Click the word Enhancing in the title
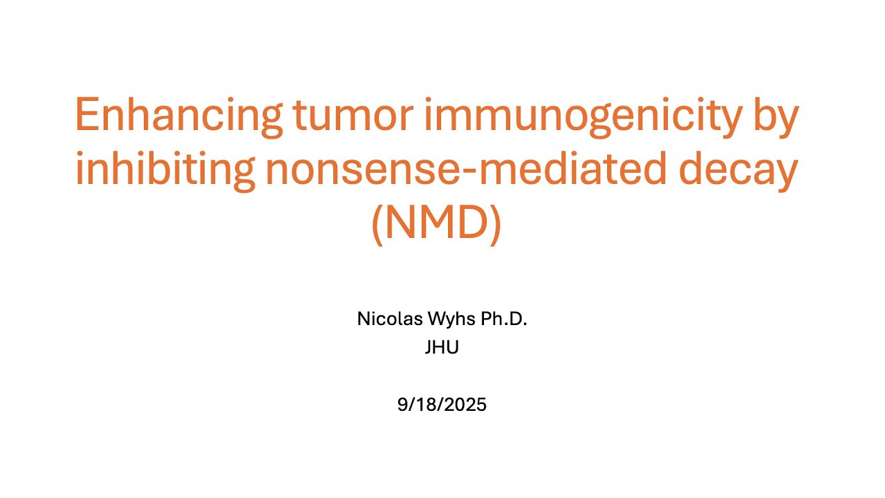178,116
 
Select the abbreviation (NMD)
436,224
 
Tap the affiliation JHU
442,348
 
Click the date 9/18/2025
442,405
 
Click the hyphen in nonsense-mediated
450,173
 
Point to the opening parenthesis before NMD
377,224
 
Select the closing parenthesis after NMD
495,224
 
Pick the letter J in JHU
429,348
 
